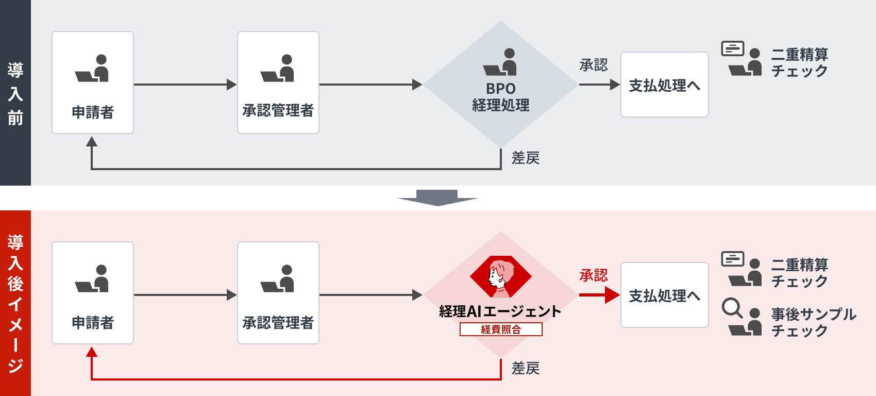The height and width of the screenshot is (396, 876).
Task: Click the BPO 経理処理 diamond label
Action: coord(500,97)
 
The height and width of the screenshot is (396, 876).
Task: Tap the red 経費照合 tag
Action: coord(501,329)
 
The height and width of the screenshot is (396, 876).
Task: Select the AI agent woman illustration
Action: coord(500,277)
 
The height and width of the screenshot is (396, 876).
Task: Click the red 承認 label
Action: coord(594,275)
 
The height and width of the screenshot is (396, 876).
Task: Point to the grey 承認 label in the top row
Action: coord(594,65)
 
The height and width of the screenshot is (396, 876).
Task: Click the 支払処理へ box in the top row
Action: coord(664,85)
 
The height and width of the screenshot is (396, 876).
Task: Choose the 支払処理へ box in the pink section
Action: coord(664,295)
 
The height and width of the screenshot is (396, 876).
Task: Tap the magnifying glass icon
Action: coord(732,308)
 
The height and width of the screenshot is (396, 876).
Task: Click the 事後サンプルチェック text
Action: coord(813,322)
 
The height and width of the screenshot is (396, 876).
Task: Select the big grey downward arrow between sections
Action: coord(437,198)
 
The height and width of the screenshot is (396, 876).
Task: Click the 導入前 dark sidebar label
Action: coord(15,93)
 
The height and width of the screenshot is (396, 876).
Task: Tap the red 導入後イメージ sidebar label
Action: coord(15,303)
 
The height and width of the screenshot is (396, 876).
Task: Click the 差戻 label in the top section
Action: coord(525,158)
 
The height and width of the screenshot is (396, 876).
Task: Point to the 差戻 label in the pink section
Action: coord(525,368)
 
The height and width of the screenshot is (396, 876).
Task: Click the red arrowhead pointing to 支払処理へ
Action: coord(612,295)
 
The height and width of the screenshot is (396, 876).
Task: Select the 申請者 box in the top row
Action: coord(93,82)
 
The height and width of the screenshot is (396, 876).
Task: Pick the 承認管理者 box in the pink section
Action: coord(278,293)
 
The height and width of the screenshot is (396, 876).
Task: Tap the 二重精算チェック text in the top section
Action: coord(799,62)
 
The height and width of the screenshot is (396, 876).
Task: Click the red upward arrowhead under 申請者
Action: coord(92,352)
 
